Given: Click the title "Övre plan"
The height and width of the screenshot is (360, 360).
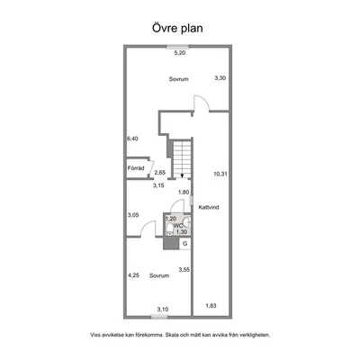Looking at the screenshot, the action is [177, 28].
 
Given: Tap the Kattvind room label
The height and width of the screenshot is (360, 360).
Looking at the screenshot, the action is [209, 207].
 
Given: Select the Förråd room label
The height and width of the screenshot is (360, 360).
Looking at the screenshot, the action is [136, 168].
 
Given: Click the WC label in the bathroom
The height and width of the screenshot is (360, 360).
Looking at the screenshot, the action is [178, 225].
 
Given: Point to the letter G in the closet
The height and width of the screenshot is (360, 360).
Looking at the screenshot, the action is [185, 244].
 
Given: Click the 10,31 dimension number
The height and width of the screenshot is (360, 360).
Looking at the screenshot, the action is [220, 174].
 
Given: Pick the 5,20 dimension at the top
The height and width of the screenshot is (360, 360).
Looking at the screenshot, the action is [180, 53].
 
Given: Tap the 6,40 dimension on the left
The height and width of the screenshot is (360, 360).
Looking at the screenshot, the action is [132, 139].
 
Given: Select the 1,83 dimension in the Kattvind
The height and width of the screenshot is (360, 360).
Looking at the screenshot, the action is [211, 306].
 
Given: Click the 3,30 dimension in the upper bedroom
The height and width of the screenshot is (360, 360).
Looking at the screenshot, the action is [220, 78].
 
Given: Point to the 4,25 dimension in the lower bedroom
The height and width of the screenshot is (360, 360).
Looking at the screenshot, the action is [133, 275].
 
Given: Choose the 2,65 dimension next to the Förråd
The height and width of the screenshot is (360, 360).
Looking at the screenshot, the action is [160, 173].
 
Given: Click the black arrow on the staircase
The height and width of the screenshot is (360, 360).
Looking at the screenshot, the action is [182, 175].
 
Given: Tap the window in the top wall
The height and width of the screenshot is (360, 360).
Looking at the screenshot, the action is [178, 46].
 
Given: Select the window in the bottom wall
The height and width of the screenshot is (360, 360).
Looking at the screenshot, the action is [159, 316].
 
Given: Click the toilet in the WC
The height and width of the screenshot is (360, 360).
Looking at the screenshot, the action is [169, 229].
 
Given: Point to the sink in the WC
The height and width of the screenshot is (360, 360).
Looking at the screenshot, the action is [187, 222].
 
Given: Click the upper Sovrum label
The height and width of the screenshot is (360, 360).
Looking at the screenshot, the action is [178, 79].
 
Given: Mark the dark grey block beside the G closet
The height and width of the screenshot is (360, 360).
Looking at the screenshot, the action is [171, 244].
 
